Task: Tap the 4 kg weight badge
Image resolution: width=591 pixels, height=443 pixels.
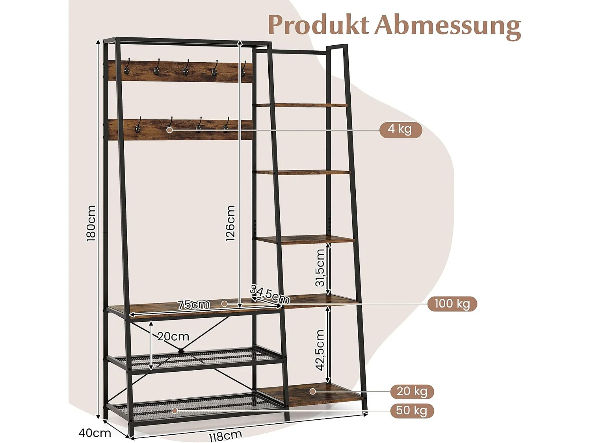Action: point(400,129)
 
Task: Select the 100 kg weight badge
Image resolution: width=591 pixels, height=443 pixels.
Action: point(452,304)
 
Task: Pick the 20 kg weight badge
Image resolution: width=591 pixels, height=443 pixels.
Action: point(412,391)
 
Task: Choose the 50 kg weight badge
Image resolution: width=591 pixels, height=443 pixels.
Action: point(412,410)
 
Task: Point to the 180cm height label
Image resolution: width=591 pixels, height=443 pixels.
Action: point(91,223)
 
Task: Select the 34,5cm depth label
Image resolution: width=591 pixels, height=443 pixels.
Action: point(270,295)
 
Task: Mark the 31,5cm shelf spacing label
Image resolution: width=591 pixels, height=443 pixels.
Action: point(320,268)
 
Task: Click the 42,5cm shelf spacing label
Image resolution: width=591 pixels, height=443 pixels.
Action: point(320,350)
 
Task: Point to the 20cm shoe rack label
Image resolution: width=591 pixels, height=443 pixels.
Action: point(173,337)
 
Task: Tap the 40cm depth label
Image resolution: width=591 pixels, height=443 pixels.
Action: point(95,433)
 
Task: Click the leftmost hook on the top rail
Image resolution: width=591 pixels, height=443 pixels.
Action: point(127,68)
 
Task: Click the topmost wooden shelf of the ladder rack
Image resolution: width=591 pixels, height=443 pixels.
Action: point(301,105)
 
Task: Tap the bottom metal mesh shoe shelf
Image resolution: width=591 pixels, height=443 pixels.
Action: point(197,406)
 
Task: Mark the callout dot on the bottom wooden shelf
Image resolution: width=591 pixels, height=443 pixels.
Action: point(312,391)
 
